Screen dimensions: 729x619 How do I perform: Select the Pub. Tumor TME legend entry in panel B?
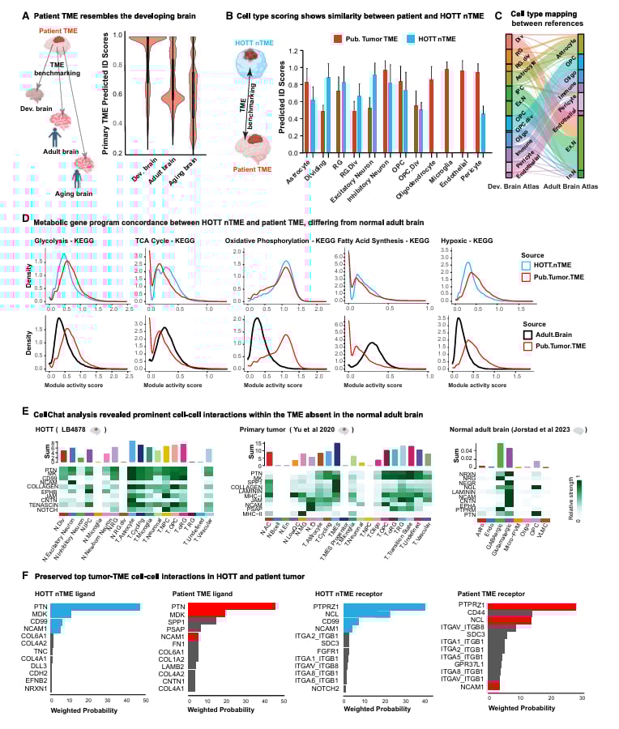364,38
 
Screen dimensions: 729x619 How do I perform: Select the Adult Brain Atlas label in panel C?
579,186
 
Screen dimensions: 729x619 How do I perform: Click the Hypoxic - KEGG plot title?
467,241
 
